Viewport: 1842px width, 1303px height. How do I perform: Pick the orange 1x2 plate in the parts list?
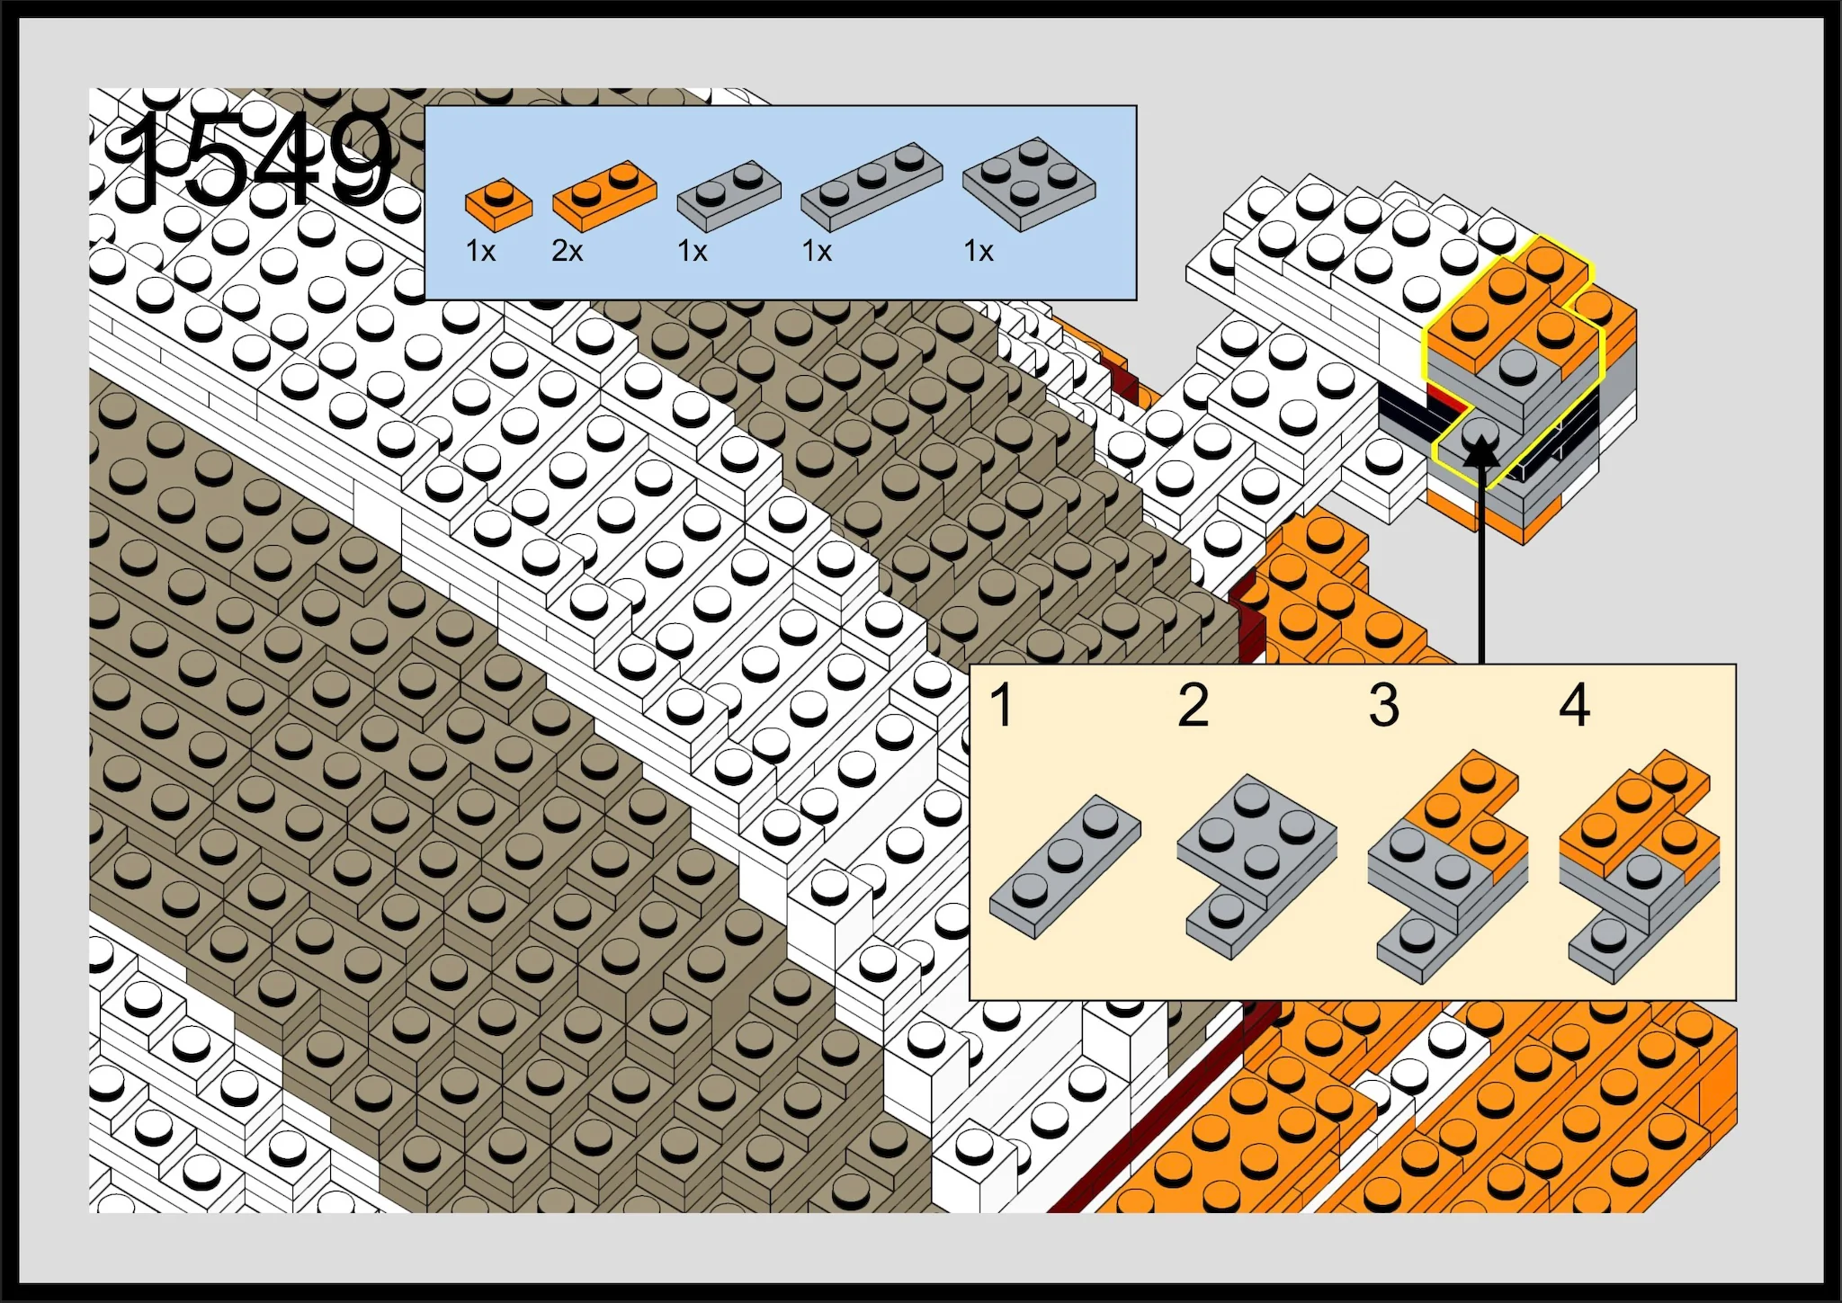(x=604, y=195)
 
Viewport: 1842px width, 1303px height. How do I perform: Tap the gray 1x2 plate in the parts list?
(x=729, y=195)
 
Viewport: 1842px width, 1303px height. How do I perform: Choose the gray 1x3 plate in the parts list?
(x=872, y=186)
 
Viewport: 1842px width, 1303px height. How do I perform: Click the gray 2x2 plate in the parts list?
(x=1029, y=184)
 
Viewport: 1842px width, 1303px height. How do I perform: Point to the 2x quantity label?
(x=568, y=251)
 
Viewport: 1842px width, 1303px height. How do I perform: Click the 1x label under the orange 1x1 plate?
(x=481, y=251)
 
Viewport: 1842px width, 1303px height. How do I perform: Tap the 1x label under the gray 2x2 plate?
(x=979, y=251)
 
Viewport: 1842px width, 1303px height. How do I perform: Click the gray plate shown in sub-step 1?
(x=1065, y=867)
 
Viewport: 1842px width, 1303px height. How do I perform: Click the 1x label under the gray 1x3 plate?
(x=817, y=251)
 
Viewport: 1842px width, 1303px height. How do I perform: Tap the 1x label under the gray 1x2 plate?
(x=693, y=251)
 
